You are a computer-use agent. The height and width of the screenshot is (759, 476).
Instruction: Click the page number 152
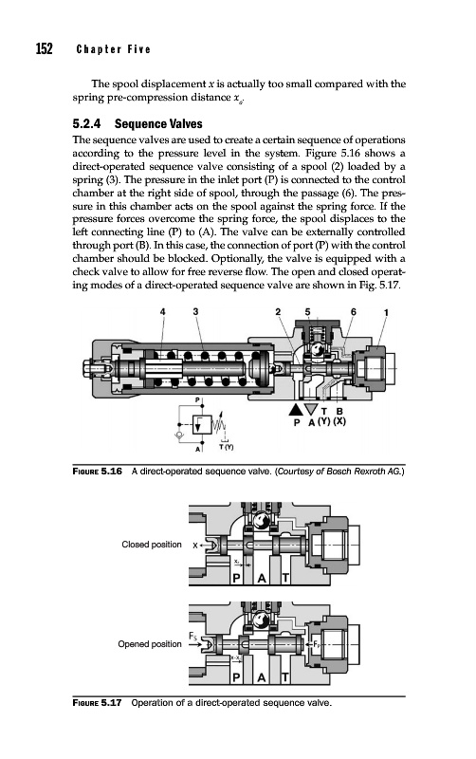(44, 49)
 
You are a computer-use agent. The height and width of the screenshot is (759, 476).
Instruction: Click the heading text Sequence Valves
(158, 124)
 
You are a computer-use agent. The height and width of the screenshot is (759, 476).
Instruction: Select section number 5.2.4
(86, 124)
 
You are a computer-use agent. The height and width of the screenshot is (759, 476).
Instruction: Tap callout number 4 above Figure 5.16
(162, 312)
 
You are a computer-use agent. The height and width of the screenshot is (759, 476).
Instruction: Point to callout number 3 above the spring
(195, 312)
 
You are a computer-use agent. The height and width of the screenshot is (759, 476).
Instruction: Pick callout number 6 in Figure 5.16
(353, 312)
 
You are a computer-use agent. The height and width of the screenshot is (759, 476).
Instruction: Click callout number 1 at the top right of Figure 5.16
(386, 313)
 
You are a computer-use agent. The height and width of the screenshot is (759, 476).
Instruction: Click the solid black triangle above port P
(295, 410)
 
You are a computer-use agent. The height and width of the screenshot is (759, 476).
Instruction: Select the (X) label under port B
(340, 421)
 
